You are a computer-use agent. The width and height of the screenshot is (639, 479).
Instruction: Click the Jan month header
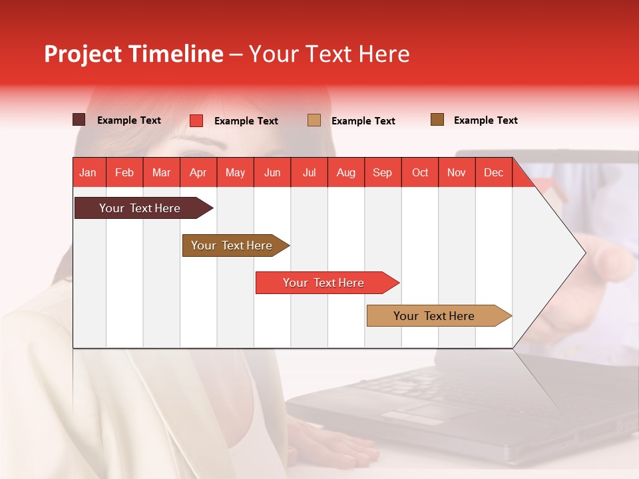coord(88,173)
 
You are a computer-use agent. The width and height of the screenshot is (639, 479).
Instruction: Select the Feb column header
coord(124,173)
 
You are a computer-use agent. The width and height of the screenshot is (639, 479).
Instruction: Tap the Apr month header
coord(198,173)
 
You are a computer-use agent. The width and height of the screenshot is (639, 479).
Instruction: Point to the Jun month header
coord(272,173)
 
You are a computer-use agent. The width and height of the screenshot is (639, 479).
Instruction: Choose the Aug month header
coord(346,173)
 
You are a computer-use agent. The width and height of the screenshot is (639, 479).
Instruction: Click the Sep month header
coord(383,173)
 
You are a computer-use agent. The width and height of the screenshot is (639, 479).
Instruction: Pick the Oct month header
coord(420,173)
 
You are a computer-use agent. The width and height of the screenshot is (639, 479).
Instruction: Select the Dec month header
coord(494,173)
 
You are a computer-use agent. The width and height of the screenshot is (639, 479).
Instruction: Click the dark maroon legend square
coord(79,120)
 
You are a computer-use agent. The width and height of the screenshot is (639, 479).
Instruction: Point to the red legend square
coord(196,120)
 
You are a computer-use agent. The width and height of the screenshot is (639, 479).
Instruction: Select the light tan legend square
coord(314,120)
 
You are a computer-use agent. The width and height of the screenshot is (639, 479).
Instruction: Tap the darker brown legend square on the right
coord(437,120)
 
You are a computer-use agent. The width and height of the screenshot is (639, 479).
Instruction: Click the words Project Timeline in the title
coord(134,54)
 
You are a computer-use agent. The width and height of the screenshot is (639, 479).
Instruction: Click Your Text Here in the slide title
coord(329,54)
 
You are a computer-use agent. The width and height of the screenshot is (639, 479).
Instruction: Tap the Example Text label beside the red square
coord(246,121)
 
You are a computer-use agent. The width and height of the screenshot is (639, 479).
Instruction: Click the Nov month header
coord(457,173)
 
